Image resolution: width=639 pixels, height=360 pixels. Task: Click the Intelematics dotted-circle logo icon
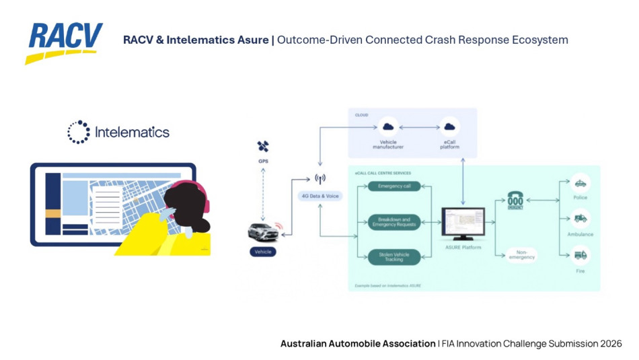79,132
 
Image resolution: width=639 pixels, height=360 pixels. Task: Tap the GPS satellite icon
263,147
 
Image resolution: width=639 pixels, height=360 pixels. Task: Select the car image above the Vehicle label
263,231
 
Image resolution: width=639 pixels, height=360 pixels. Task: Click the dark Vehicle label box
263,252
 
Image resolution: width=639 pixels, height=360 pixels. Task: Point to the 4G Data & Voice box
319,196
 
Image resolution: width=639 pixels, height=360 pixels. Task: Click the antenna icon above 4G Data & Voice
320,179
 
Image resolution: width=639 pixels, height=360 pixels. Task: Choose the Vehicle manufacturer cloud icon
388,127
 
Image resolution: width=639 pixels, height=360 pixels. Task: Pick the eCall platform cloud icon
449,127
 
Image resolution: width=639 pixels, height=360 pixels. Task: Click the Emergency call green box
394,186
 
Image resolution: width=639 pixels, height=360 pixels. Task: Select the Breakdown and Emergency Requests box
394,222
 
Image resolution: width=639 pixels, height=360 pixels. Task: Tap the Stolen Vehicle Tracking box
394,256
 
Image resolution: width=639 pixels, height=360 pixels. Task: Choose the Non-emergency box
522,255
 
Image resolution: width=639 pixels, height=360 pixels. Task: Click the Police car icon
579,183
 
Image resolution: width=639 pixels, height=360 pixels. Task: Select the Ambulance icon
579,219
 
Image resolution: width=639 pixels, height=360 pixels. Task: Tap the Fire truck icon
579,255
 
